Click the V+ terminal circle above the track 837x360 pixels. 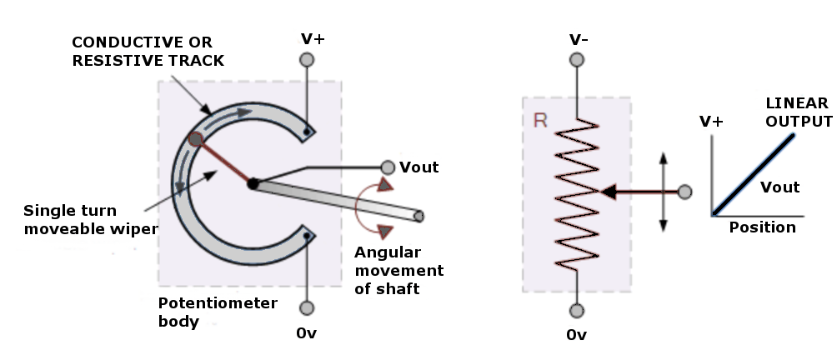307,60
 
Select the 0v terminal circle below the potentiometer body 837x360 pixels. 307,308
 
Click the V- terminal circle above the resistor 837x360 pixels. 576,59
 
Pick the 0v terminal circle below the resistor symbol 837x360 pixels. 576,311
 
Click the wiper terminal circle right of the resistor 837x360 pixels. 685,192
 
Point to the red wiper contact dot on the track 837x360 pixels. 195,139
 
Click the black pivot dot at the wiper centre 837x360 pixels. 251,183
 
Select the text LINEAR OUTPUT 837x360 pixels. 798,112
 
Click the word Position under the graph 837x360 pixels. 762,227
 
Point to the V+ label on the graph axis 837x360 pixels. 711,122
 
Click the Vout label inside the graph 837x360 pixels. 780,187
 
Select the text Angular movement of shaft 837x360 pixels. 398,271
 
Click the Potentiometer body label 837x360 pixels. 217,312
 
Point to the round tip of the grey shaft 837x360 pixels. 418,217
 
